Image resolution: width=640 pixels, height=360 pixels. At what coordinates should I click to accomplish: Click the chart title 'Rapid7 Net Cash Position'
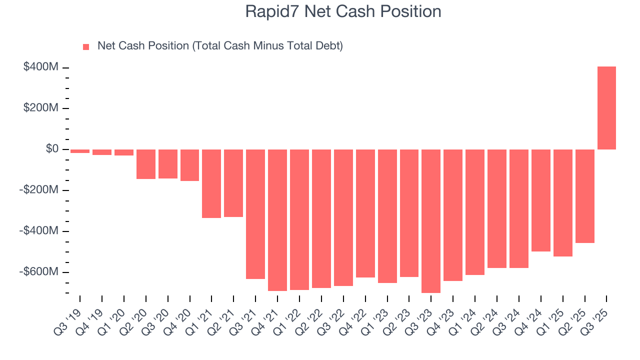pyautogui.click(x=343, y=11)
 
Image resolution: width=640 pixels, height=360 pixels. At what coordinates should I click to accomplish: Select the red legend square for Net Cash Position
pyautogui.click(x=86, y=47)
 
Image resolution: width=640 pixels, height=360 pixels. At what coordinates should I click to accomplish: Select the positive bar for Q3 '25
pyautogui.click(x=606, y=108)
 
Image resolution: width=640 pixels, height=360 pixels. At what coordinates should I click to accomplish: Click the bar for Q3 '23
pyautogui.click(x=431, y=221)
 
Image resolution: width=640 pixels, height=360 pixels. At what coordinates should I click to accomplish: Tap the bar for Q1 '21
pyautogui.click(x=211, y=183)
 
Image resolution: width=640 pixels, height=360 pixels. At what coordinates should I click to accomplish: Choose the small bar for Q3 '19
pyautogui.click(x=80, y=151)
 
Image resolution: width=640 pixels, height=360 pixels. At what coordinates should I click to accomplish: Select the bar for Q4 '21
pyautogui.click(x=277, y=220)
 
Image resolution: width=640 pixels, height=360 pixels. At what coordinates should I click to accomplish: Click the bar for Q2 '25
pyautogui.click(x=584, y=196)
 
